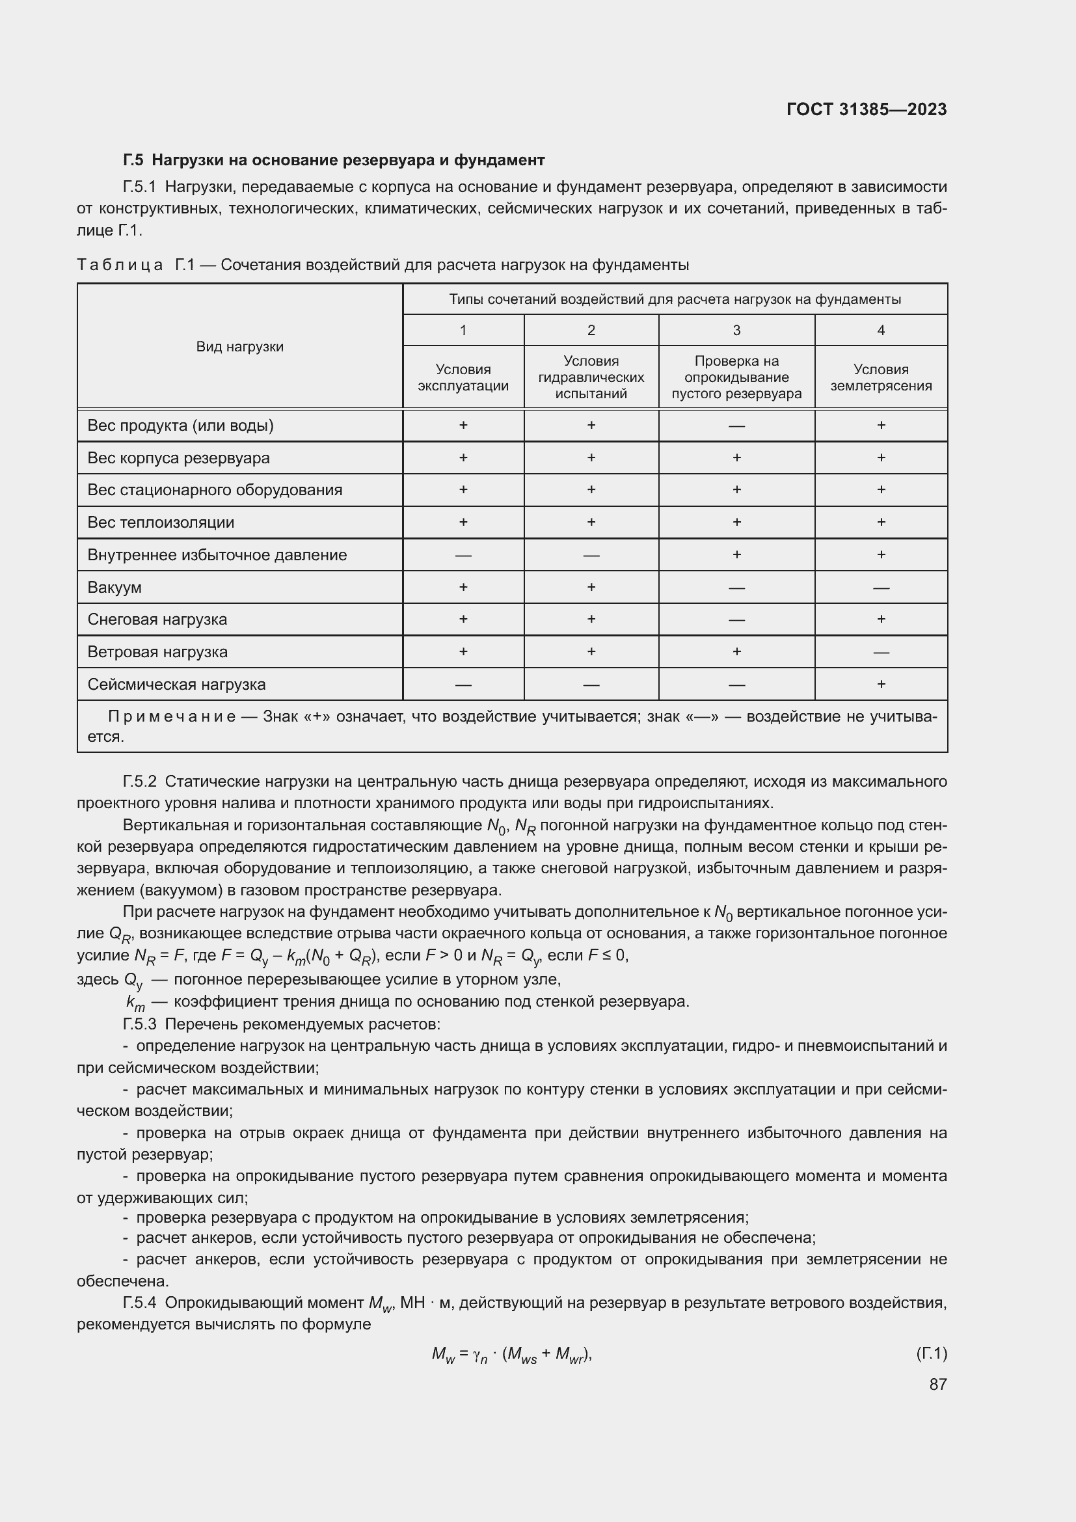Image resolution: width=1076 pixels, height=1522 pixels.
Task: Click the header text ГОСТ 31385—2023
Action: click(x=866, y=109)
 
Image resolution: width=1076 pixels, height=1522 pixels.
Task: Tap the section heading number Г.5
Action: click(x=133, y=160)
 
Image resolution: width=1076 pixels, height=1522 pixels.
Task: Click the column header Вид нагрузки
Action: click(x=239, y=347)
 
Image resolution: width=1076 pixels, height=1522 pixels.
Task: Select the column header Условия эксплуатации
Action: click(x=463, y=377)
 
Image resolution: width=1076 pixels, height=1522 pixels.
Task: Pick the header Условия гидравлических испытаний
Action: click(x=590, y=377)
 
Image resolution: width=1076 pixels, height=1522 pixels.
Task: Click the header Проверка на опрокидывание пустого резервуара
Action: click(x=736, y=377)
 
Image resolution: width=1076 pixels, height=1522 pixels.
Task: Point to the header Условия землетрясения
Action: click(x=881, y=377)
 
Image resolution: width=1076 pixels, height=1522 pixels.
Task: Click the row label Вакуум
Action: click(x=114, y=588)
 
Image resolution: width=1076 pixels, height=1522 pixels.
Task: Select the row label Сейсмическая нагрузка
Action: click(x=176, y=684)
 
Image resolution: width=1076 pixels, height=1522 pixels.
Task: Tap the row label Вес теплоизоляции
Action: click(x=160, y=523)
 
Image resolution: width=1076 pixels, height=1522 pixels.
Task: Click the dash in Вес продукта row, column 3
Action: click(x=736, y=426)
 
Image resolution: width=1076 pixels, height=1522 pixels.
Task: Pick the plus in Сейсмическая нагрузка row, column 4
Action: click(x=881, y=684)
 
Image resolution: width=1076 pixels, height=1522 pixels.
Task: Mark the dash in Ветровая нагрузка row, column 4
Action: click(x=881, y=652)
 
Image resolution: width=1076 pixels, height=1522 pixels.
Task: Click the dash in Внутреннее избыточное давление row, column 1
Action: click(x=463, y=555)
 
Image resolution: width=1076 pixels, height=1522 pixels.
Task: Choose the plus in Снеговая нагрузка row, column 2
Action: click(x=590, y=619)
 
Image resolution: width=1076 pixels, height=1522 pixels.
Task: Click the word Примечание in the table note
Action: click(x=172, y=716)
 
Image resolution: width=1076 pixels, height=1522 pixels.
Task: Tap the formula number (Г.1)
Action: click(x=931, y=1353)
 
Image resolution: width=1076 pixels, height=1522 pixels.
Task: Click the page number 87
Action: click(x=937, y=1384)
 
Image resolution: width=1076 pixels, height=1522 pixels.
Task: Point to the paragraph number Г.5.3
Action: click(x=139, y=1024)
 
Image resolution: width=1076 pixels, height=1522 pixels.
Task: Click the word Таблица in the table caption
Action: click(x=120, y=265)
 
